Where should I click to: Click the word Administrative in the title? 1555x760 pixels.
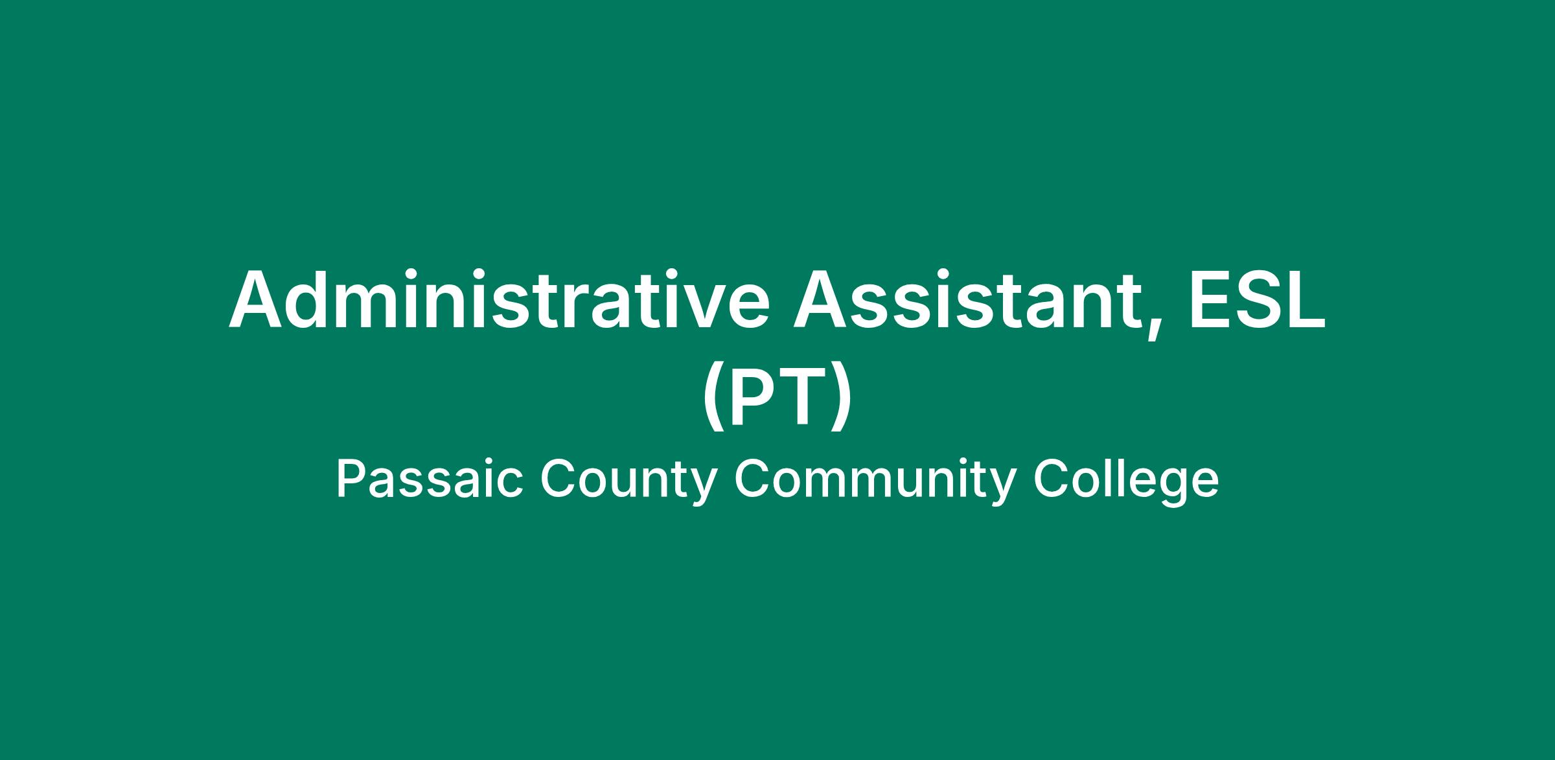coord(500,299)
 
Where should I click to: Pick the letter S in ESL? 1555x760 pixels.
coord(1259,300)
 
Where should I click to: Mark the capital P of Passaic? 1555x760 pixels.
coord(351,479)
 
